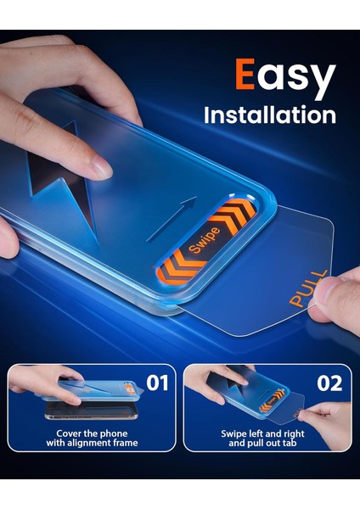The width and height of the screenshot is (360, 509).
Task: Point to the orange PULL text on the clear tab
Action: pos(307,289)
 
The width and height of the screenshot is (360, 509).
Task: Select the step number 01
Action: pos(157,383)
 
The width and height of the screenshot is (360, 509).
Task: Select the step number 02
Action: pos(329,383)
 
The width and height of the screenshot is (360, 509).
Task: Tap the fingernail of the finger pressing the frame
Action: pos(100,170)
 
